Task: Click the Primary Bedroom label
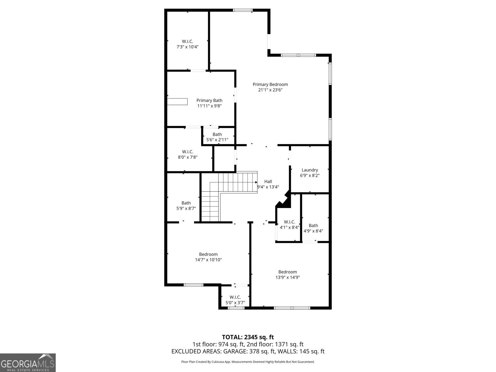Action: tap(270, 84)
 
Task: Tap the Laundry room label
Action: tap(310, 170)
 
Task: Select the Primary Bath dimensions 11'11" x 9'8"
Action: tap(209, 106)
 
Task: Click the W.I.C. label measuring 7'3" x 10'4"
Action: tap(187, 41)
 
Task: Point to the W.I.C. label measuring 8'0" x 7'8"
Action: tap(188, 152)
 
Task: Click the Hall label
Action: tap(268, 181)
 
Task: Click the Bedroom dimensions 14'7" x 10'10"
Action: tap(208, 260)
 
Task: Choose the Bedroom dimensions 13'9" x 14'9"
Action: tap(287, 277)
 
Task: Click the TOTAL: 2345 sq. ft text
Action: tap(248, 337)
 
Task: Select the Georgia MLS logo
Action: tap(28, 363)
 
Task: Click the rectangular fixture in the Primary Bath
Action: tap(177, 101)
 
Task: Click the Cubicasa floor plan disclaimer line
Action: tap(248, 362)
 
